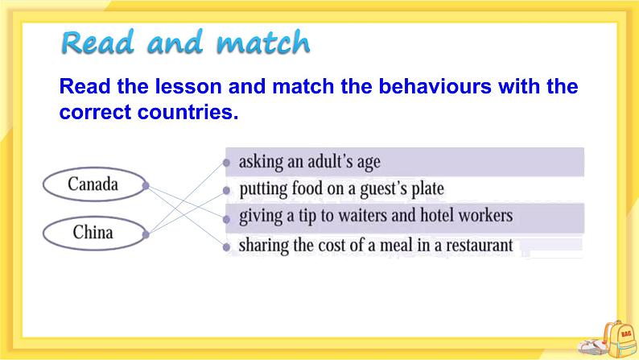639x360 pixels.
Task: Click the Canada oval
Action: point(93,184)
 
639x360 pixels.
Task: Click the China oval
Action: point(93,234)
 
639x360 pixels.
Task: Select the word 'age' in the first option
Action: point(366,162)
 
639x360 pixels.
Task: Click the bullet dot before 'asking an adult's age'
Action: point(226,162)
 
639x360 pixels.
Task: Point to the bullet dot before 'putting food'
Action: point(226,191)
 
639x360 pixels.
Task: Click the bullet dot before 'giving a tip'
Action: point(226,217)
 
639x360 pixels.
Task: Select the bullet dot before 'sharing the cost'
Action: point(226,246)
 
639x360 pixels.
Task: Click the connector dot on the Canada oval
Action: point(146,185)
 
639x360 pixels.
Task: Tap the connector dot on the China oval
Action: point(146,234)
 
